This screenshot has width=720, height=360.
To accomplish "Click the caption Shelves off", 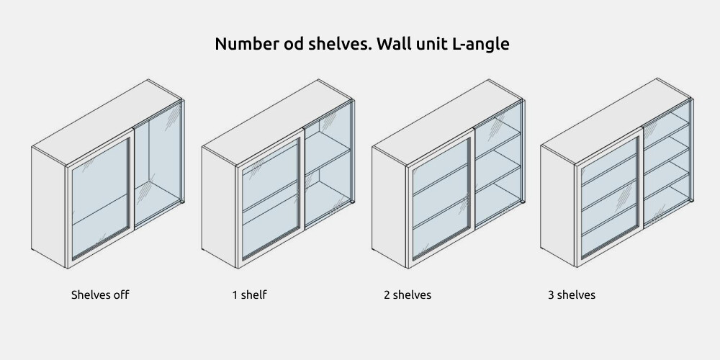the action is tap(100, 294).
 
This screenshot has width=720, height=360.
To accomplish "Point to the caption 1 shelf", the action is tap(249, 294).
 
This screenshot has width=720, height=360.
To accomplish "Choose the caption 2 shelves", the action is tap(408, 294).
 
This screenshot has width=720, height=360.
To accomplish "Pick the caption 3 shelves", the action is tap(571, 294).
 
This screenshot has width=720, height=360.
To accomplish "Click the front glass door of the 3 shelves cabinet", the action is tap(609, 197).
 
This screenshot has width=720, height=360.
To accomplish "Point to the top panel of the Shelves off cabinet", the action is tap(107, 122).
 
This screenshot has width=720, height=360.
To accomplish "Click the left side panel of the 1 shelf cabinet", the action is tap(219, 207).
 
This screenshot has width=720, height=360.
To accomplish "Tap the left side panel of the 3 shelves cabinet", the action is tap(557, 206).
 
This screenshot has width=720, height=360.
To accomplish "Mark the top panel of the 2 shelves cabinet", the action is tap(447, 122).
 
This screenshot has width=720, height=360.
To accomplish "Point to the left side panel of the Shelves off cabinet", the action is tap(49, 207).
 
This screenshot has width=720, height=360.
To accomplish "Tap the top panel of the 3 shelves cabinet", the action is tap(616, 121).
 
